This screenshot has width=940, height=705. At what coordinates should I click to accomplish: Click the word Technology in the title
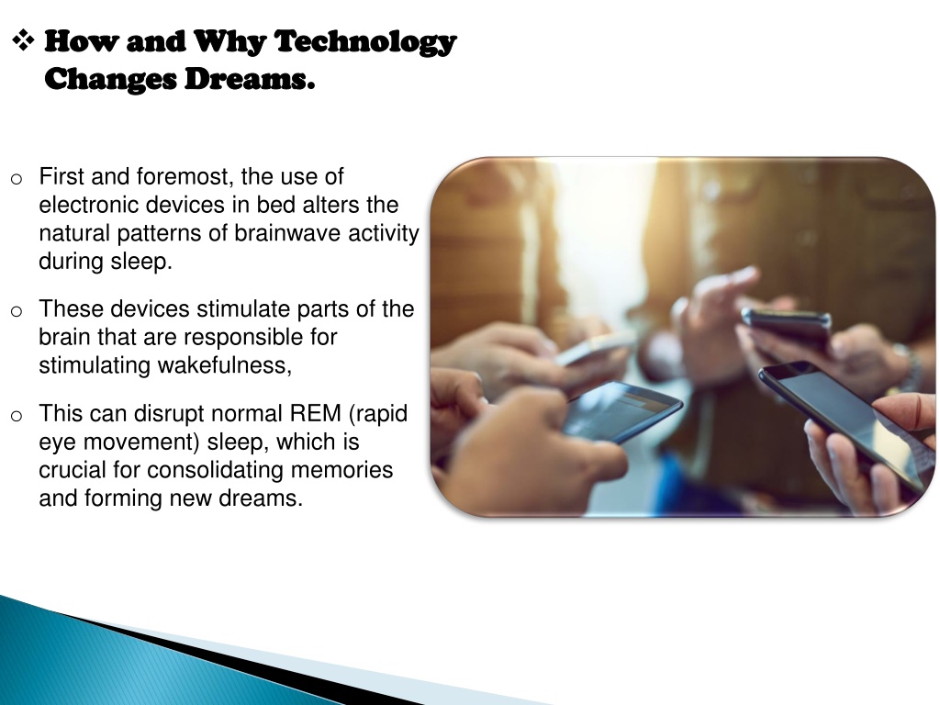point(365,42)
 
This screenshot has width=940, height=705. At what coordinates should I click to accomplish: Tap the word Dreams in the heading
point(250,79)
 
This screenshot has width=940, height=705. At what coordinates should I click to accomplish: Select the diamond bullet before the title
point(23,40)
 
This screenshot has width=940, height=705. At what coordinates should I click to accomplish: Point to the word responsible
point(243,337)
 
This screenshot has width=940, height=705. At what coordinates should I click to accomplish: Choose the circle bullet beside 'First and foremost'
point(17,179)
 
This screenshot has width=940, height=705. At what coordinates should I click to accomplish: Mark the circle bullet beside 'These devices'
point(17,311)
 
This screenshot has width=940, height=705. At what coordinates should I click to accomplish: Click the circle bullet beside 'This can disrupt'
point(17,416)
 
